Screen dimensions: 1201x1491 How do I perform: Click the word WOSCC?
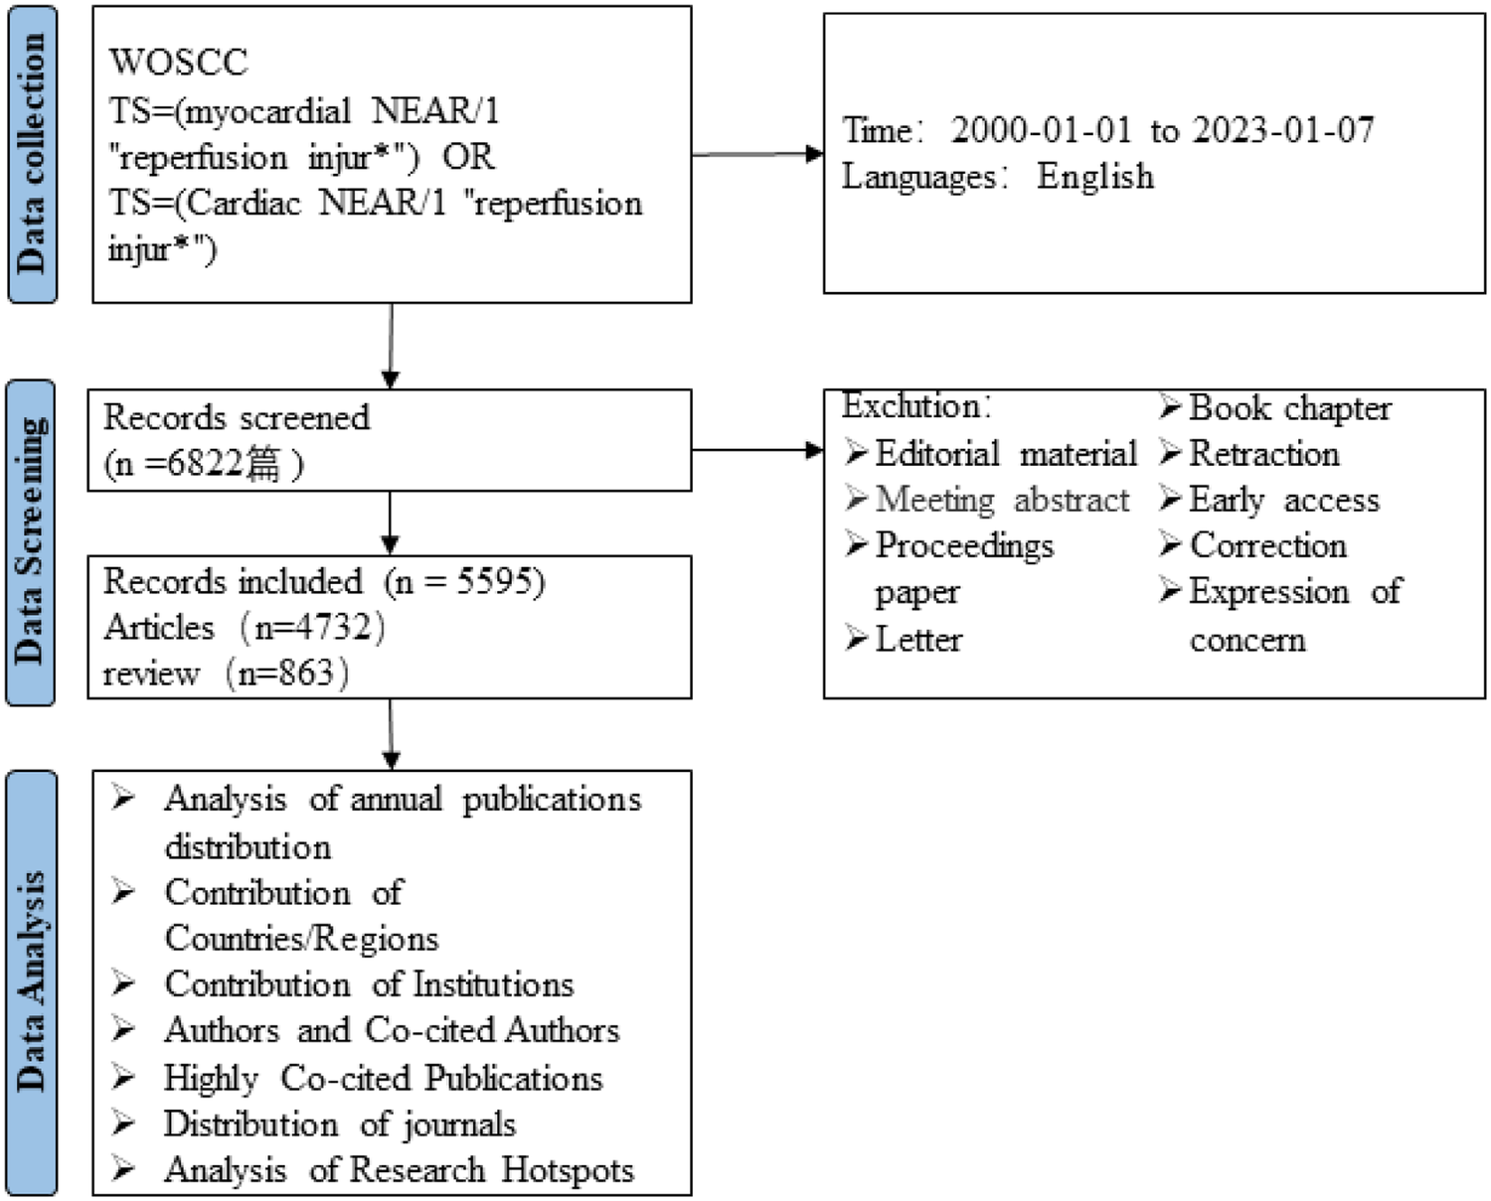point(179,62)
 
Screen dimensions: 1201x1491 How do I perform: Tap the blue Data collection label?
point(32,153)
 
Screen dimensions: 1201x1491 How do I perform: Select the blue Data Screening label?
point(31,542)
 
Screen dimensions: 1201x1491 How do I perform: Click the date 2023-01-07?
point(1283,130)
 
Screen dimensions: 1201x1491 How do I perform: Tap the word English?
point(1095,177)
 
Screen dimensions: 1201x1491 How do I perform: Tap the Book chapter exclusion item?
point(1289,407)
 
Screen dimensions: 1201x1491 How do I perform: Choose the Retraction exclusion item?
point(1263,454)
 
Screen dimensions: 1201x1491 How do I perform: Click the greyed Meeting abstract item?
point(1001,499)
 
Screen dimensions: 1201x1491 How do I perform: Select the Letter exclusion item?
point(917,639)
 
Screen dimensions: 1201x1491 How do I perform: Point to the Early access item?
point(1283,500)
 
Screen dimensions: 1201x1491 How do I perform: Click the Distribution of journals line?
point(339,1124)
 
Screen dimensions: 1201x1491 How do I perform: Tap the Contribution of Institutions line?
point(369,983)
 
